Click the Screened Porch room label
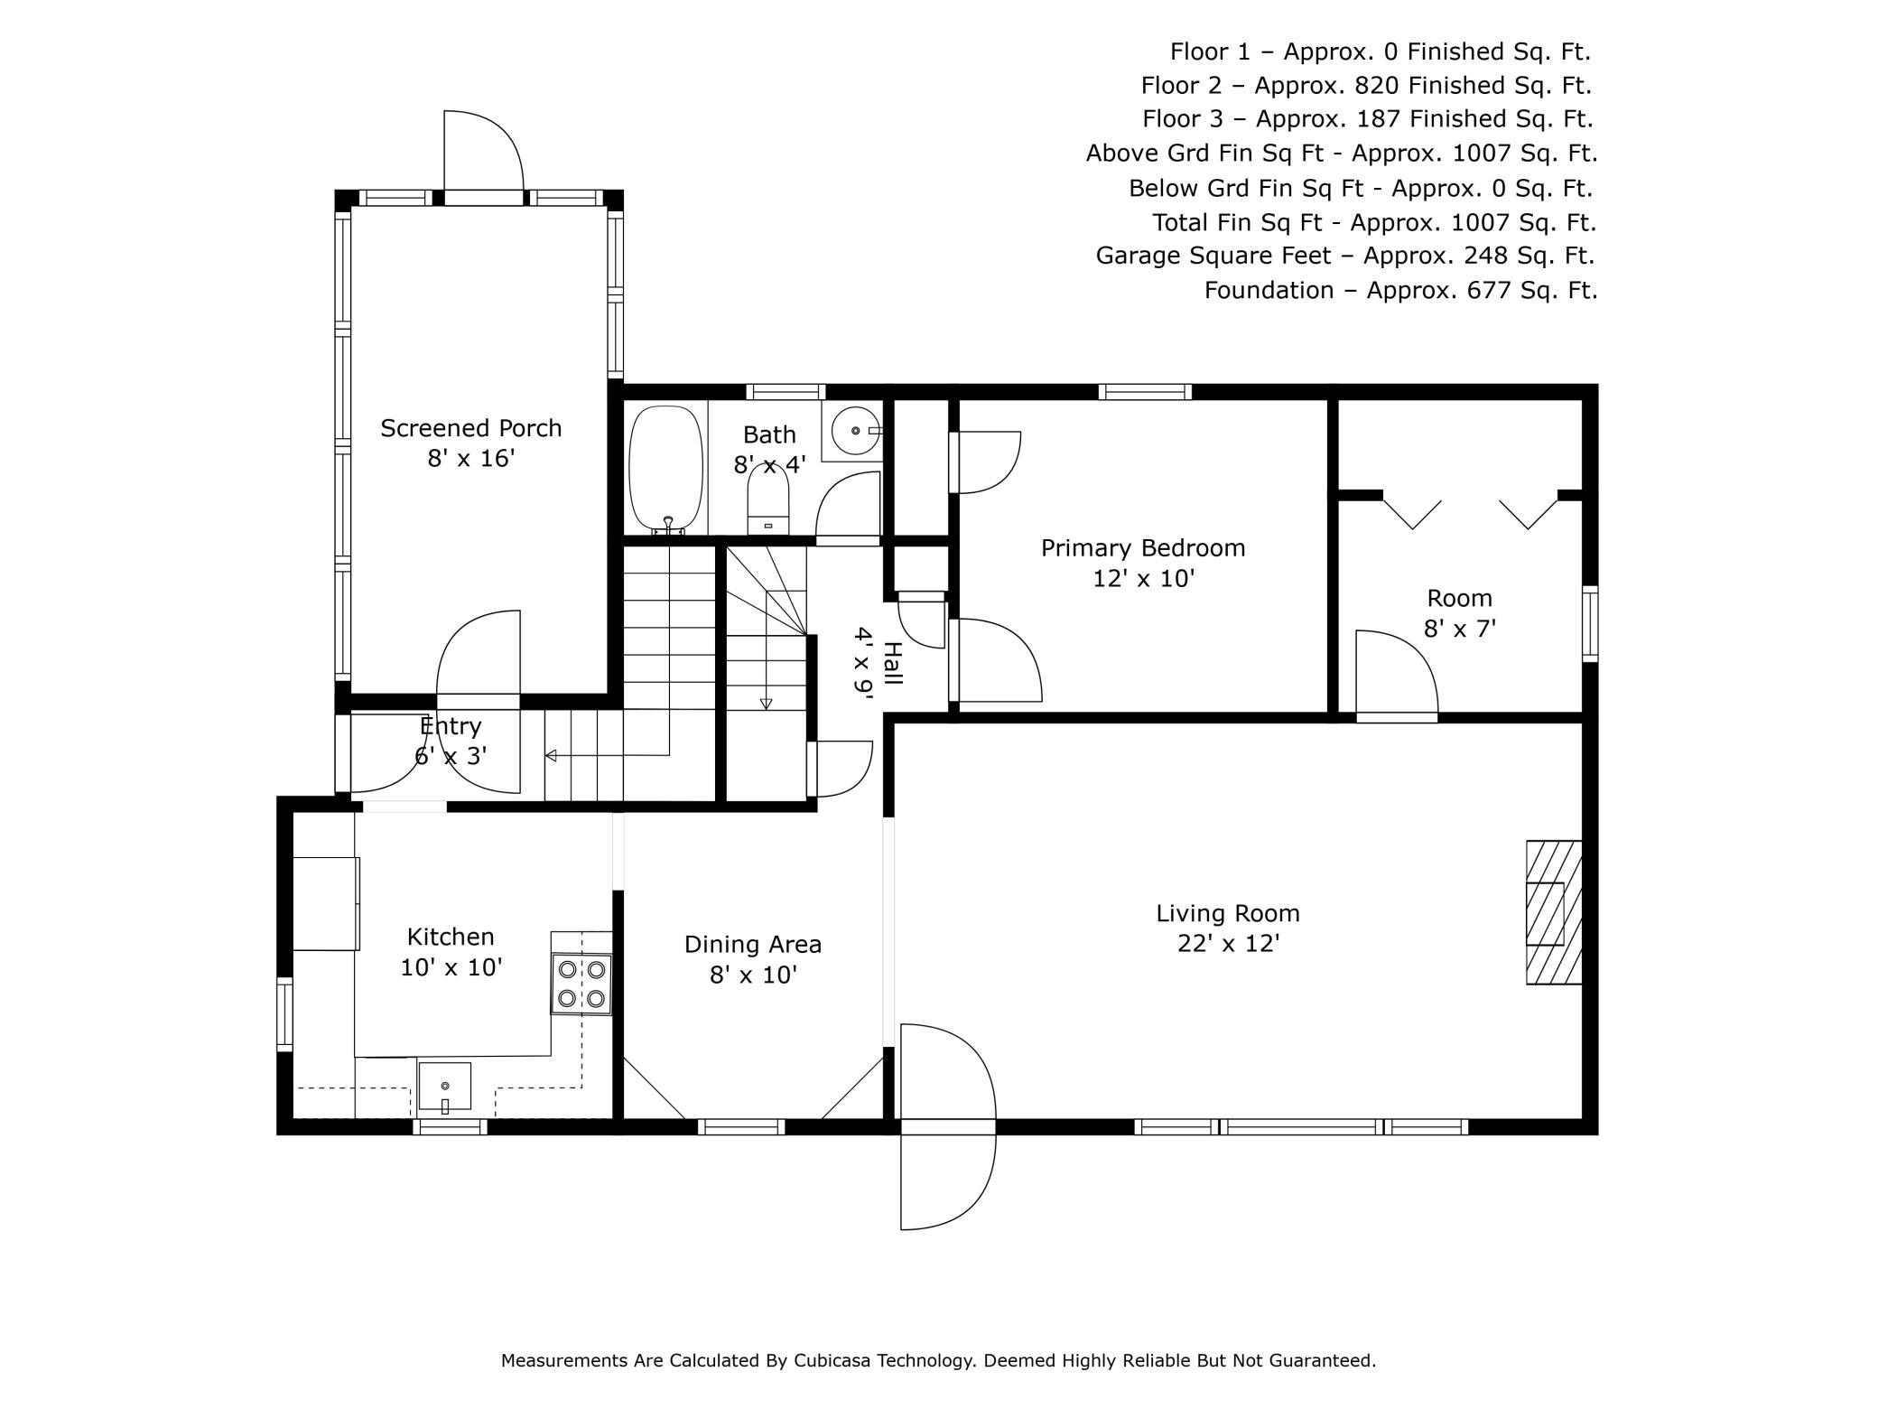coord(470,428)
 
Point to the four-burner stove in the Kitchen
coord(581,984)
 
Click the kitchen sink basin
coord(444,1086)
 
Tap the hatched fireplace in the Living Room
coord(1554,912)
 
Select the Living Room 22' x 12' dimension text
coord(1229,944)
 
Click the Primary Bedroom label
coord(1143,548)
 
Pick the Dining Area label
coord(753,945)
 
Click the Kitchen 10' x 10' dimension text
coord(451,967)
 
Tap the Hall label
coord(892,663)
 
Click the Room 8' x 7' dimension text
coord(1460,628)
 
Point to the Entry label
coord(451,726)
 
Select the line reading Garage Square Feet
coord(1345,257)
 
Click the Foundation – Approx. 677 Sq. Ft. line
coord(1400,291)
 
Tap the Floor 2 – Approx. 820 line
coord(1366,86)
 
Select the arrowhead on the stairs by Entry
coord(550,755)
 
